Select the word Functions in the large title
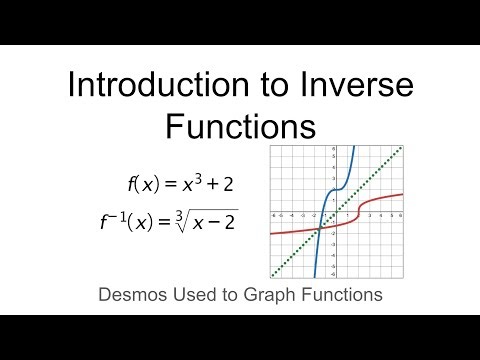[240, 126]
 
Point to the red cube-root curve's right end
[402, 194]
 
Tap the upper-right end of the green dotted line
[401, 147]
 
